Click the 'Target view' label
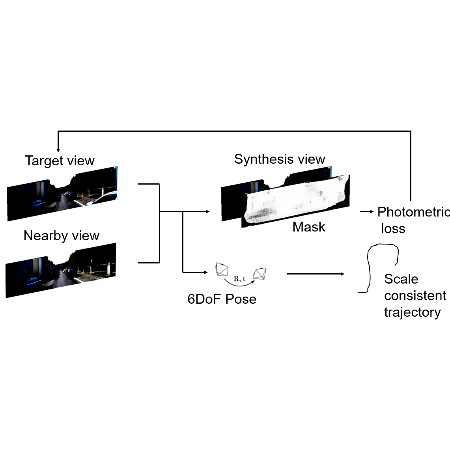pyautogui.click(x=60, y=161)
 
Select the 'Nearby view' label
pyautogui.click(x=61, y=236)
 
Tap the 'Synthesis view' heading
pyautogui.click(x=279, y=159)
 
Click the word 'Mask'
pyautogui.click(x=308, y=227)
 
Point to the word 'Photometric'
pyautogui.click(x=413, y=212)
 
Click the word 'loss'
pyautogui.click(x=393, y=229)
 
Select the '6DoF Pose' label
pyautogui.click(x=222, y=299)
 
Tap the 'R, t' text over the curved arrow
pyautogui.click(x=239, y=279)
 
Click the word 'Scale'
pyautogui.click(x=401, y=279)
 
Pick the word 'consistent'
pyautogui.click(x=415, y=296)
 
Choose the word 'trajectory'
pyautogui.click(x=412, y=312)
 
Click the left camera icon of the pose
pyautogui.click(x=222, y=270)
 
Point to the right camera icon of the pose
pyautogui.click(x=260, y=273)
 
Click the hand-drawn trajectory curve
pyautogui.click(x=370, y=268)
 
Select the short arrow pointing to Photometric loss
pyautogui.click(x=367, y=212)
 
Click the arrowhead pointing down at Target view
pyautogui.click(x=58, y=150)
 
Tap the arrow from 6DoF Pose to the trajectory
pyautogui.click(x=316, y=274)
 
